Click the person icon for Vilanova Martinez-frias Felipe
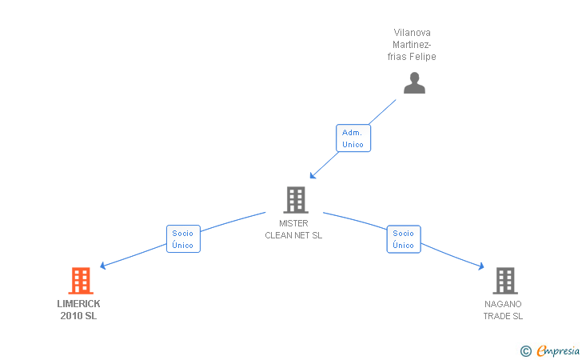pyautogui.click(x=414, y=83)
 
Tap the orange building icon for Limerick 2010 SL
pyautogui.click(x=80, y=281)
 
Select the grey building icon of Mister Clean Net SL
pyautogui.click(x=295, y=200)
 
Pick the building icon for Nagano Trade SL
pyautogui.click(x=504, y=281)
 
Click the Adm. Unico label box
pyautogui.click(x=353, y=138)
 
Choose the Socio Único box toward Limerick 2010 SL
pyautogui.click(x=182, y=239)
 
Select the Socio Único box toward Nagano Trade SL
pyautogui.click(x=403, y=239)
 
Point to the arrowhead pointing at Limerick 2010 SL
pyautogui.click(x=102, y=267)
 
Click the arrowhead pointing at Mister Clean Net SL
pyautogui.click(x=313, y=176)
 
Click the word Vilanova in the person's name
pyautogui.click(x=413, y=33)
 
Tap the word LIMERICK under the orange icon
pyautogui.click(x=79, y=304)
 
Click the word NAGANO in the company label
pyautogui.click(x=503, y=304)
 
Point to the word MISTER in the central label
pyautogui.click(x=293, y=223)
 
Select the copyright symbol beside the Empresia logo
pyautogui.click(x=525, y=350)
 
